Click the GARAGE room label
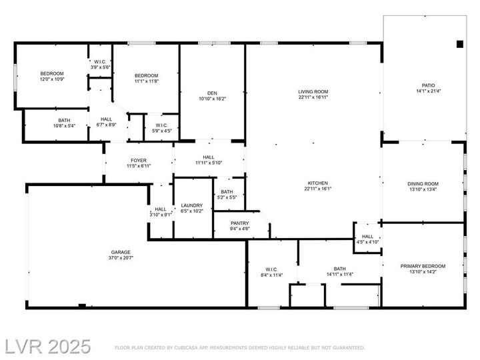(121, 252)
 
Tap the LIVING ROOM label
(313, 92)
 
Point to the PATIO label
(427, 85)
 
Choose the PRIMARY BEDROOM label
(423, 266)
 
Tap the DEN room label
(212, 93)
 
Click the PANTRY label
(239, 223)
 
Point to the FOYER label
(138, 160)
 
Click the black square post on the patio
(459, 44)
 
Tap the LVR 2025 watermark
(47, 346)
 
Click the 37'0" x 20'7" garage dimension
(121, 257)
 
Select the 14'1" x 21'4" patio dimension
(427, 91)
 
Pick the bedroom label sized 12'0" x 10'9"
(51, 73)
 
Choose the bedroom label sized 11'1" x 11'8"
(146, 75)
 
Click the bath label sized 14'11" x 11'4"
(339, 269)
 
